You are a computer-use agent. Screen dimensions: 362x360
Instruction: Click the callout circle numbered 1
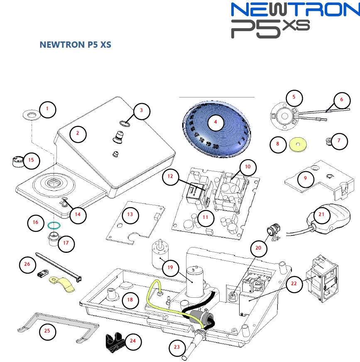coord(47,109)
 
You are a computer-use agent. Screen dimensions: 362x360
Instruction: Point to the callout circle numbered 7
coord(339,141)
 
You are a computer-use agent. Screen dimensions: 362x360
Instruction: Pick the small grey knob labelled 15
coord(17,162)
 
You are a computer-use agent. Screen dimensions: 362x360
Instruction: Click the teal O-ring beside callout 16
coord(54,226)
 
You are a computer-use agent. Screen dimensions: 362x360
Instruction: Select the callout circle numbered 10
coord(247,167)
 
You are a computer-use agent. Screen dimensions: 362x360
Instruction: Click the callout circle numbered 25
coord(47,330)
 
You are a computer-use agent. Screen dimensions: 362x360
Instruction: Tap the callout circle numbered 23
coord(177,347)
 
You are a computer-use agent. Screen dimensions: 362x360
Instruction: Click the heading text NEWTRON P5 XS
coord(75,44)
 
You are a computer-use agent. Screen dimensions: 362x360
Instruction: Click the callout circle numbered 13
coord(130,214)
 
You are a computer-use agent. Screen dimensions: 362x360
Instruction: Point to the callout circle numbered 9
coord(305,178)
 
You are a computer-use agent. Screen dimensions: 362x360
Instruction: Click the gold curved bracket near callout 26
coord(62,285)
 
